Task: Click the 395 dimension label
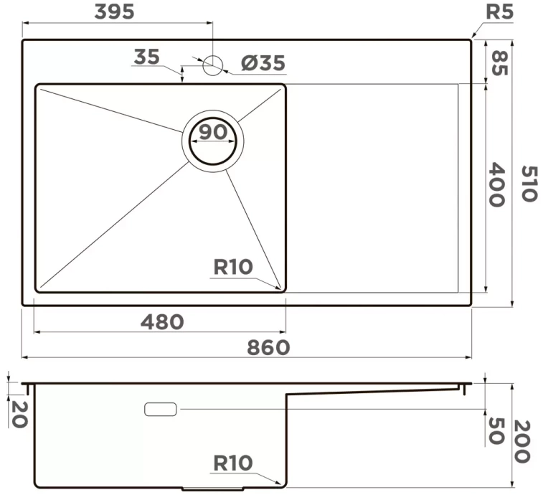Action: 114,11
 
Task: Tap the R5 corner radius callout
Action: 499,12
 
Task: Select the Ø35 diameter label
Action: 263,62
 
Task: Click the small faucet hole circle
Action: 212,65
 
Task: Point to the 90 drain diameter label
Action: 213,131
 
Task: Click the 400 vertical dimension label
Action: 496,184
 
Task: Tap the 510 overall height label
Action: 529,184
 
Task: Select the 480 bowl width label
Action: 162,322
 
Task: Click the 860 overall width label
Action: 268,347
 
